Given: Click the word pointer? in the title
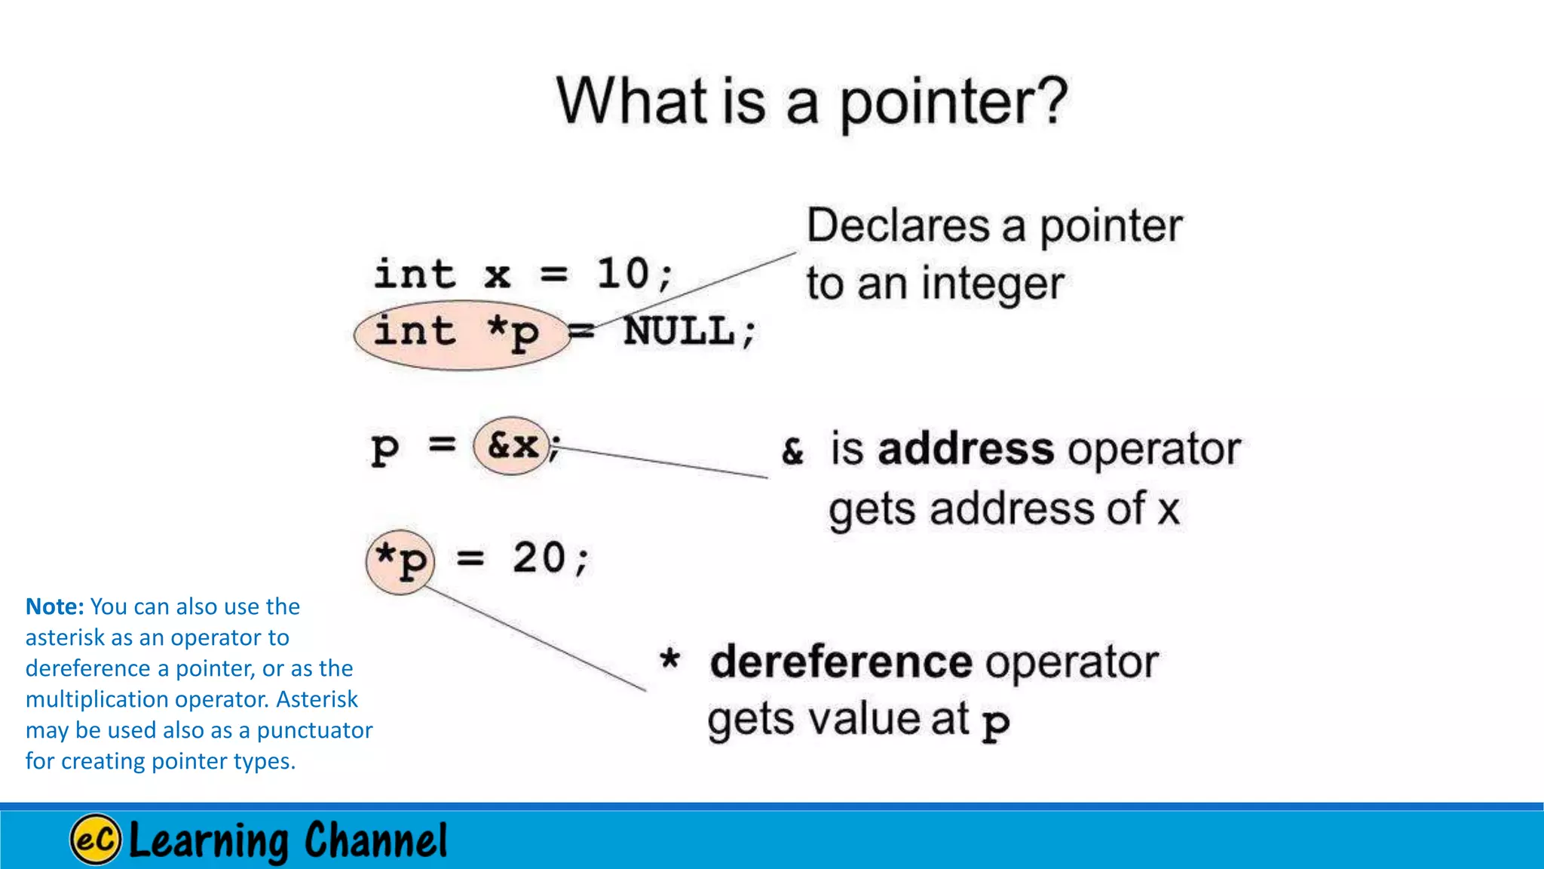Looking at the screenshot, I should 953,103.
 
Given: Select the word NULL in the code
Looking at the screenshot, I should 679,332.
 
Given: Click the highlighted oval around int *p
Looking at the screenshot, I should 460,335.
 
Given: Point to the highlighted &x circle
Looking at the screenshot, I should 512,446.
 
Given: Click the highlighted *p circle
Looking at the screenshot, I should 401,561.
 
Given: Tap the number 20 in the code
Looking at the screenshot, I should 539,558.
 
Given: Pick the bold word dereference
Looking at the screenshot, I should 841,662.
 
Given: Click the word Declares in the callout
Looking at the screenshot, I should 898,226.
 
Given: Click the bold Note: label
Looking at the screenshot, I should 54,606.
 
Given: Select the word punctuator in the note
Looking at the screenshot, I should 314,730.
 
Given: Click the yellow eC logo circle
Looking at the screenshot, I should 95,839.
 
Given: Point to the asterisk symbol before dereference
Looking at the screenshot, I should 669,659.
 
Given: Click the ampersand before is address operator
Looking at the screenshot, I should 792,451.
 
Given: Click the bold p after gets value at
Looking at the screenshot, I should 995,722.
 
